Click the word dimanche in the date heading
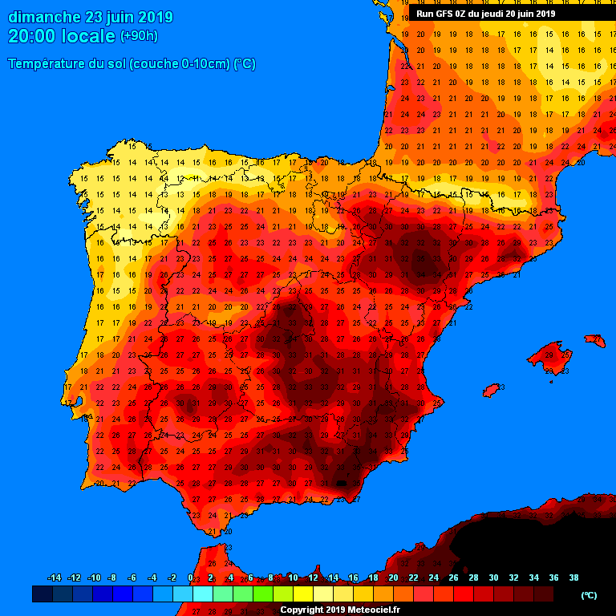pos(43,17)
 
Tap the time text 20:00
pos(32,36)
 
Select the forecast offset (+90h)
pos(139,36)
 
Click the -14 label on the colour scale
pos(55,577)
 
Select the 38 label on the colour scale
pos(573,577)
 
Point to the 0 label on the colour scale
pos(190,577)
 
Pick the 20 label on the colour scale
pos(393,577)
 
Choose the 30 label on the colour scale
pos(493,577)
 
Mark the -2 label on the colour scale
pos(171,577)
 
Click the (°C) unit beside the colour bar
pos(589,594)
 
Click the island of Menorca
pos(595,341)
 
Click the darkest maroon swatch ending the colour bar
pos(543,594)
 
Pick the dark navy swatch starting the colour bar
pos(43,594)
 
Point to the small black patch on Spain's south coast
pos(340,484)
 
